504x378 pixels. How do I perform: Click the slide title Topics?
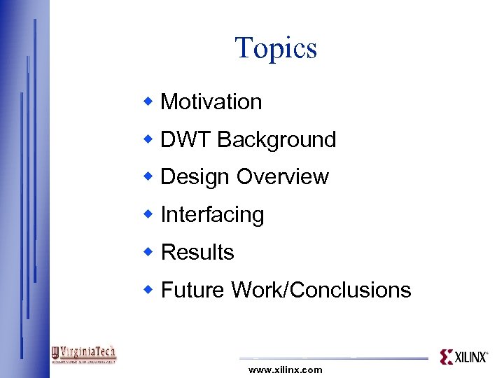click(276, 48)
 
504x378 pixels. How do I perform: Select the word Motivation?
click(211, 102)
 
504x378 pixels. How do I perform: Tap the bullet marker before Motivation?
click(148, 101)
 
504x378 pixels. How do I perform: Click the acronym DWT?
click(185, 140)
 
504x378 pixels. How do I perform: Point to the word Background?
click(276, 140)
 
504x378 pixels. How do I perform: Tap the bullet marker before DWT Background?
click(148, 139)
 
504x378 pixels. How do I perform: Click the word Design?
click(195, 177)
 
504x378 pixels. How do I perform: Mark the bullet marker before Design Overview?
click(148, 176)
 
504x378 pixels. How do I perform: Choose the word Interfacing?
click(212, 215)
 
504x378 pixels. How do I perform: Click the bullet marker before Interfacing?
click(148, 214)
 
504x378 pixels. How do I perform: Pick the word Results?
click(197, 252)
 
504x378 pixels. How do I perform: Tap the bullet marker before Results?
click(148, 251)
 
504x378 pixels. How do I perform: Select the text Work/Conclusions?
click(321, 290)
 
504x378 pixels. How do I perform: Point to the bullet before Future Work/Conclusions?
click(148, 289)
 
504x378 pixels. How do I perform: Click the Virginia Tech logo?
click(84, 354)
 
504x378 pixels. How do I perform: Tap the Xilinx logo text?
click(472, 357)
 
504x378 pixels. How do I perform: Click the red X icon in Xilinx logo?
click(447, 357)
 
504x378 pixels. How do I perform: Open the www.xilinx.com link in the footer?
click(286, 370)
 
